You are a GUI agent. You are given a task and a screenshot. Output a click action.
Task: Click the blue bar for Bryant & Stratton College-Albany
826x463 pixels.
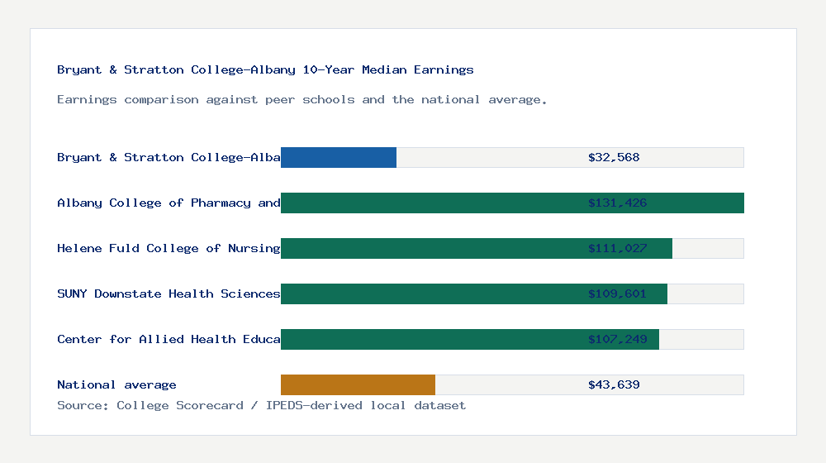339,157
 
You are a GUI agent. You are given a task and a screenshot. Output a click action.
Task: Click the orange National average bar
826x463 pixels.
358,384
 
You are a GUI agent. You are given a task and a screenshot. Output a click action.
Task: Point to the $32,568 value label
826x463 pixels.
614,157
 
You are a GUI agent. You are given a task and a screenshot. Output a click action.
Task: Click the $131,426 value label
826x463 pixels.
617,203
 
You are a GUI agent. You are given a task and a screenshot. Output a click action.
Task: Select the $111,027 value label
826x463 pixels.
617,248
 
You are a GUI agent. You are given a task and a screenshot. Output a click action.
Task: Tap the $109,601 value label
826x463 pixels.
617,294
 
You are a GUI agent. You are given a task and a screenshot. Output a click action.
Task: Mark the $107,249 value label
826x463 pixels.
617,339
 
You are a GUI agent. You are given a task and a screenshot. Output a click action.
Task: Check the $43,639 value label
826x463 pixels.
614,384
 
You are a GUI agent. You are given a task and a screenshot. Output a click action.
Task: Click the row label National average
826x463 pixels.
116,384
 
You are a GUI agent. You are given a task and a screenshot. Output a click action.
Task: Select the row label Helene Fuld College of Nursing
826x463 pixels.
169,248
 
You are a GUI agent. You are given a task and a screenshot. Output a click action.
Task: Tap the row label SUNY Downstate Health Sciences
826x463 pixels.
169,294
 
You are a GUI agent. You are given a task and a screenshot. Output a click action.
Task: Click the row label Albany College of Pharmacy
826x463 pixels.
169,203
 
